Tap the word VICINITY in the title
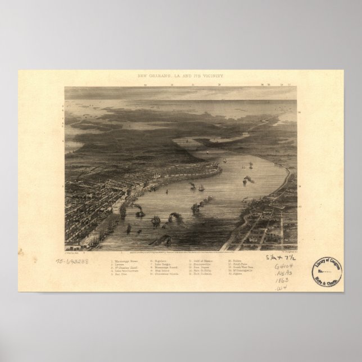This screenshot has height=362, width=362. (209, 74)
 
